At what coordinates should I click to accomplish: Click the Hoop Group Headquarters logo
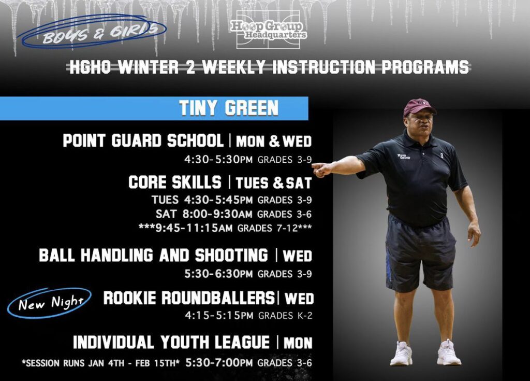click(x=269, y=30)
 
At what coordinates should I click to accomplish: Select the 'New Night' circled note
click(x=50, y=303)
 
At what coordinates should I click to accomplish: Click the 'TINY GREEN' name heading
click(x=229, y=108)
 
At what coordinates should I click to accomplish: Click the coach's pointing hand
click(x=320, y=169)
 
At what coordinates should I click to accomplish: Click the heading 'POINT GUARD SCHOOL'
click(x=143, y=140)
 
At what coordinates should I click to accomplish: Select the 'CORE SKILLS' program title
click(x=175, y=182)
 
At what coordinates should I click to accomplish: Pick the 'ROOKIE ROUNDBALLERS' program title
click(x=189, y=298)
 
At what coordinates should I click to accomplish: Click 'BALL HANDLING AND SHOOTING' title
click(x=153, y=256)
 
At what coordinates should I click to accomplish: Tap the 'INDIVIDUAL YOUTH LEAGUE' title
click(x=171, y=342)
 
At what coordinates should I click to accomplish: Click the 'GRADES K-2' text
click(x=285, y=316)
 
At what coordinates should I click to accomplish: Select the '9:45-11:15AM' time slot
click(x=194, y=228)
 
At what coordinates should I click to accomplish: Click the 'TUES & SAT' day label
click(x=273, y=183)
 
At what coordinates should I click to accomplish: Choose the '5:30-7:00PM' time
click(x=219, y=363)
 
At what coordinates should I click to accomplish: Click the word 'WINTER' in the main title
click(x=148, y=67)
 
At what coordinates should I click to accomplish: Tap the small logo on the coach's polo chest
click(x=404, y=157)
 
